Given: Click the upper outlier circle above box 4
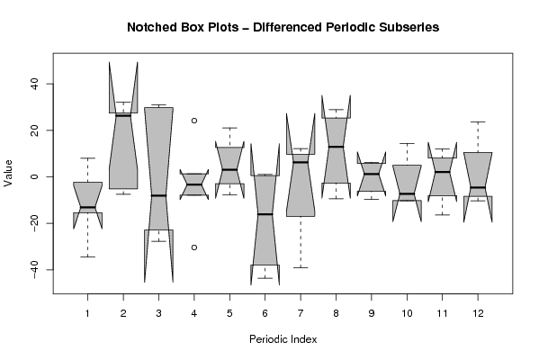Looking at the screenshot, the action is coord(194,121).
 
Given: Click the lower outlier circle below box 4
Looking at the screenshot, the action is coord(194,247).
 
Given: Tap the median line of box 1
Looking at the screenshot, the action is coord(87,207).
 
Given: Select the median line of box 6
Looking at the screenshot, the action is coord(265,214).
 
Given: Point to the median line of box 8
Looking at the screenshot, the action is coord(336,147).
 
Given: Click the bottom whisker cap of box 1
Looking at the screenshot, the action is coord(87,256).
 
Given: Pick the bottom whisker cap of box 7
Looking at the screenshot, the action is coord(301,267).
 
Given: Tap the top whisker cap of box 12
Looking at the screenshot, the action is coord(478,121).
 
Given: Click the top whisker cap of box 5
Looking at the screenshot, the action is coord(229,128).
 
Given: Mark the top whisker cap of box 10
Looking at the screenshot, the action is coord(407,143).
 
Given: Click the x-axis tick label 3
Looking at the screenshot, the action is coord(158,313).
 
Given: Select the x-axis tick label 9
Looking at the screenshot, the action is coord(372,313).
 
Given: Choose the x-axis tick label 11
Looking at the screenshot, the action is coord(442,313).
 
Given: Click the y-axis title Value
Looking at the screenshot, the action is coord(8,174).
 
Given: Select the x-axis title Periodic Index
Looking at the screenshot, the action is coord(283,339).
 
